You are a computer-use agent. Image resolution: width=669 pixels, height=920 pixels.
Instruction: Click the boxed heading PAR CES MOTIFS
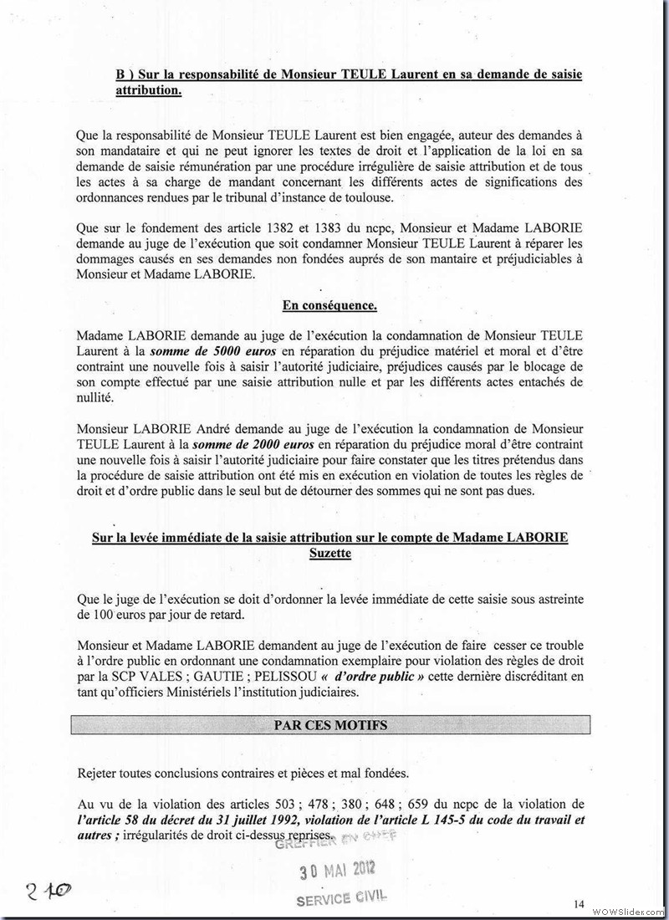(330, 725)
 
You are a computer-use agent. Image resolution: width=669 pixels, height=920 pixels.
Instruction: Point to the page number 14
(580, 903)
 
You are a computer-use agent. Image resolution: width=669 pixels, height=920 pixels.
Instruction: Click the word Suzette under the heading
(330, 553)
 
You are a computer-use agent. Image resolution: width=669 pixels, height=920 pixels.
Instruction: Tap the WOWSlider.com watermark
(628, 910)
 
